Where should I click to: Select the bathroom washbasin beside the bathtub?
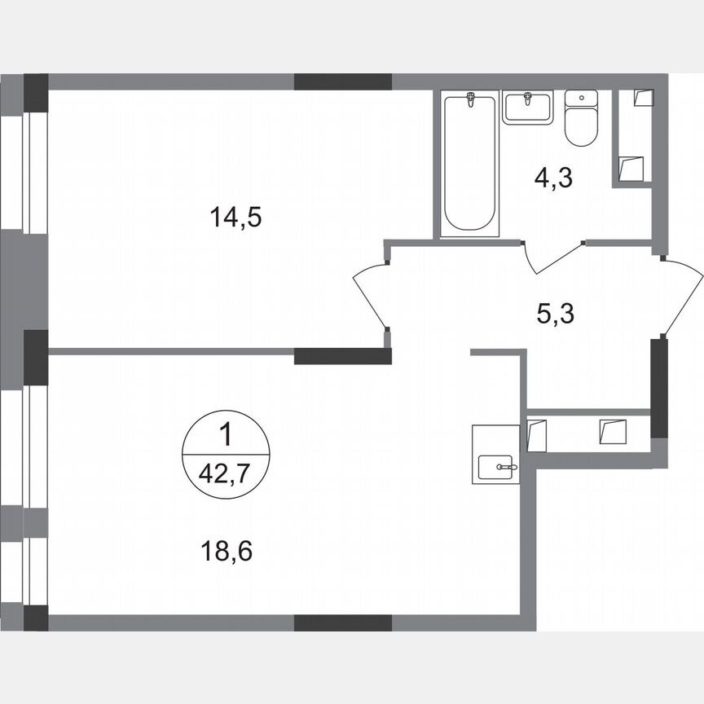click(527, 108)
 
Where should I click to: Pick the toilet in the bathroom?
click(581, 119)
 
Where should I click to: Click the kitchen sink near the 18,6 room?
click(496, 467)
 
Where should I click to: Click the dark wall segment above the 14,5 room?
click(342, 81)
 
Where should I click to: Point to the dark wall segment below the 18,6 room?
click(342, 623)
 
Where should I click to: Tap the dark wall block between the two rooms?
click(342, 355)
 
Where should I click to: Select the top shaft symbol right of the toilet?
click(644, 96)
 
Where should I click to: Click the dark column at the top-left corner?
click(36, 91)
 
